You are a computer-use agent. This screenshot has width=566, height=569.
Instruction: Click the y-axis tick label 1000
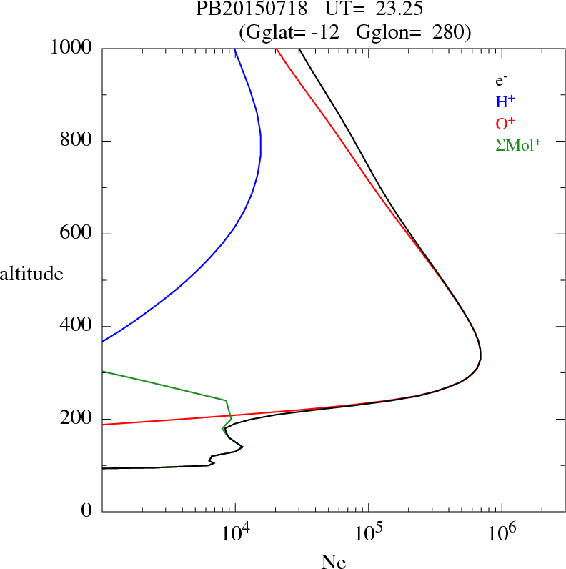pyautogui.click(x=72, y=48)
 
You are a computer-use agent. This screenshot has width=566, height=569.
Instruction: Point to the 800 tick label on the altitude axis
pyautogui.click(x=77, y=141)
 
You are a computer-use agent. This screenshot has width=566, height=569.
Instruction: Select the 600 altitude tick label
pyautogui.click(x=77, y=234)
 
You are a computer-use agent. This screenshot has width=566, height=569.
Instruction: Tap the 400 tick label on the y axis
pyautogui.click(x=77, y=327)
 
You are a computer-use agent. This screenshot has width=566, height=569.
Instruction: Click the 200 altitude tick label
pyautogui.click(x=77, y=420)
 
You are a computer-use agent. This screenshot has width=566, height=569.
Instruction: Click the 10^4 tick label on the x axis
pyautogui.click(x=234, y=534)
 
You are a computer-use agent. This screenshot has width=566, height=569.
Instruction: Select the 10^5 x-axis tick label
pyautogui.click(x=367, y=534)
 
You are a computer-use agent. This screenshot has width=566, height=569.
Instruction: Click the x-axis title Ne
pyautogui.click(x=333, y=562)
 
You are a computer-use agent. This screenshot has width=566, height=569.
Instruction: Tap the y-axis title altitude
pyautogui.click(x=32, y=273)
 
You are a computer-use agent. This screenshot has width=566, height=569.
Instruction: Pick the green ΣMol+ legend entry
pyautogui.click(x=518, y=144)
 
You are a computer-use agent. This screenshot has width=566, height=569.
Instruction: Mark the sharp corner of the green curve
pyautogui.click(x=226, y=400)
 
